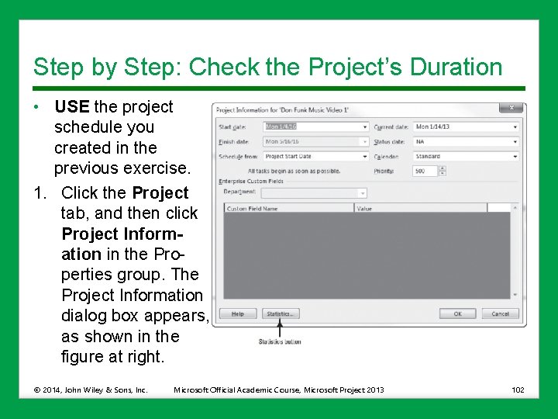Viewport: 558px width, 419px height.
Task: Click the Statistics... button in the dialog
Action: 280,313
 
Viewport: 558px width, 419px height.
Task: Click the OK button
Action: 457,313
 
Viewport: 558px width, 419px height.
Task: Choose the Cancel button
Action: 500,313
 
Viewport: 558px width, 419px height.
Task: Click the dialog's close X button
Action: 511,109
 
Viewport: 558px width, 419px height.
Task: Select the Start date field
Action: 315,126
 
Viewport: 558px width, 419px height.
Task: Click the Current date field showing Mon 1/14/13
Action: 466,126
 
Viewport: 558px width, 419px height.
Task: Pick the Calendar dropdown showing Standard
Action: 466,157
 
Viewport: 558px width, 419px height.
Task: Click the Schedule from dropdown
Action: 315,157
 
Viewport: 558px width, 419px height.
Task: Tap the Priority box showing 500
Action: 424,171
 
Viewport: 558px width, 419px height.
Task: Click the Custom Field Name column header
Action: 288,209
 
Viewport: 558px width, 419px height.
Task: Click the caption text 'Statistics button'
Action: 280,341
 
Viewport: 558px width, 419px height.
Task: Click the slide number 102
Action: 518,390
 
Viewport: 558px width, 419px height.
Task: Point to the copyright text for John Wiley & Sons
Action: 90,390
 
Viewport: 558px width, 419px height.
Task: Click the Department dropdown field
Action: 314,192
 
